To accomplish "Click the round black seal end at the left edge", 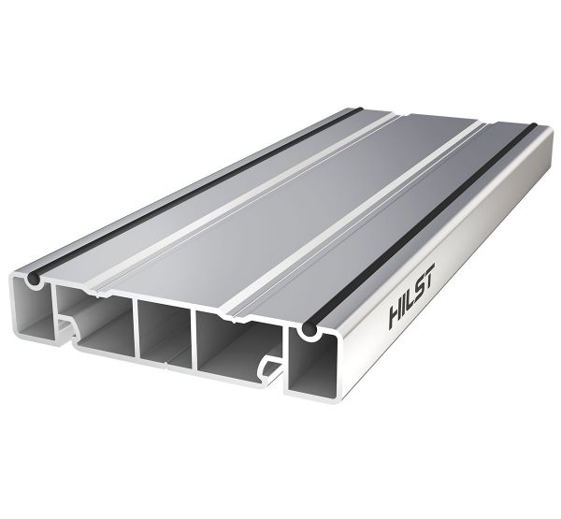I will pyautogui.click(x=35, y=278).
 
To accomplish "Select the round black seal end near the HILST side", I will pyautogui.click(x=309, y=330).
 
